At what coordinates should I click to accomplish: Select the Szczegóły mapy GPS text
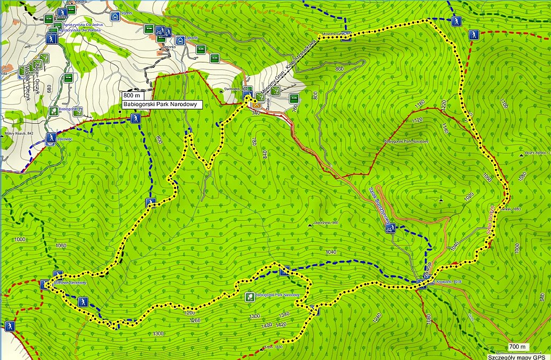(519, 356)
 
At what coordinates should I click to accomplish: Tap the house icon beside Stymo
(115, 17)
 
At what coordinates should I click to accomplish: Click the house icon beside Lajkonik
(180, 40)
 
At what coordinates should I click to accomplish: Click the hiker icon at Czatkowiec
(51, 138)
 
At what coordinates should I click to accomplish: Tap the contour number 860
(339, 69)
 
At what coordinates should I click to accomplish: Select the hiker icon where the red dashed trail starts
(474, 34)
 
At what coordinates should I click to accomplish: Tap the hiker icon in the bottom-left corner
(9, 326)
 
